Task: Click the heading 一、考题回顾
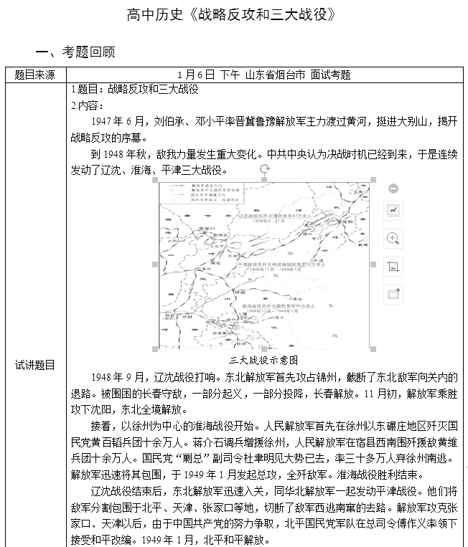point(75,52)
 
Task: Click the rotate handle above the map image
point(264,169)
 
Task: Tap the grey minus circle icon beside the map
point(393,189)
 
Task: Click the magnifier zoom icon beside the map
point(393,238)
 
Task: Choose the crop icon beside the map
point(393,266)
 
